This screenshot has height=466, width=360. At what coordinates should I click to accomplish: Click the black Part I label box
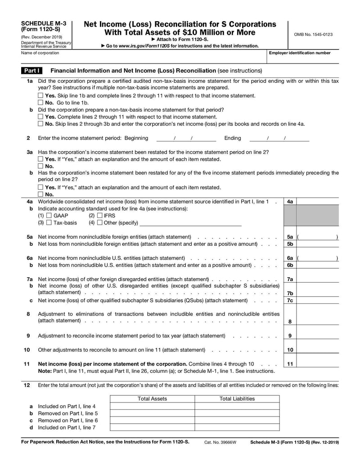tap(32, 71)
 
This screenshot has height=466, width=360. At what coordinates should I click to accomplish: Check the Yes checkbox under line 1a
tap(41, 95)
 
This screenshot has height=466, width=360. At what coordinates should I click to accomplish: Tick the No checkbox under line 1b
tap(41, 124)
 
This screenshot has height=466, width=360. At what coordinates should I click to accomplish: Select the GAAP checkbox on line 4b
tap(49, 216)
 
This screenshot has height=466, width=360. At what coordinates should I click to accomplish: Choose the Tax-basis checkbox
tap(49, 223)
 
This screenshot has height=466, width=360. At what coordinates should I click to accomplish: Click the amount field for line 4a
tap(317, 202)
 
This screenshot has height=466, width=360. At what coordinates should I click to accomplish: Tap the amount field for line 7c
tap(317, 300)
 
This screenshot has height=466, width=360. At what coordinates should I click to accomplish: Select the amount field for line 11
tap(317, 364)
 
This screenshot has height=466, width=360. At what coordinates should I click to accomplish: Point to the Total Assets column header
tap(152, 398)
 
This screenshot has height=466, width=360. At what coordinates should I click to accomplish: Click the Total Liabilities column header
tap(237, 398)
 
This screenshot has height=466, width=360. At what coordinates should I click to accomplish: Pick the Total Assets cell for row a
tap(152, 406)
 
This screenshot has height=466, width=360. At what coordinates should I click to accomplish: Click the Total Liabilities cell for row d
tap(237, 427)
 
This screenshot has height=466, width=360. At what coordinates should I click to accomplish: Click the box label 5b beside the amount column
tap(290, 244)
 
